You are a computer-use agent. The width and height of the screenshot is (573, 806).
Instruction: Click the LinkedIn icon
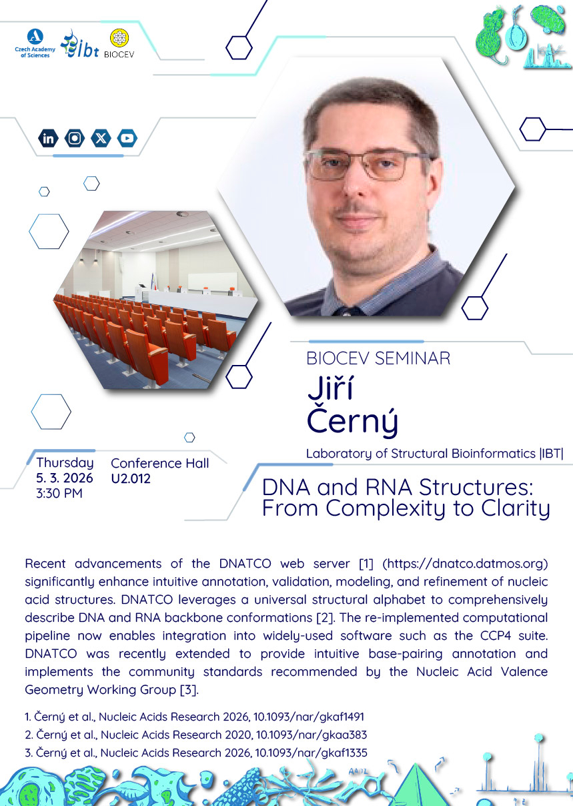(x=48, y=138)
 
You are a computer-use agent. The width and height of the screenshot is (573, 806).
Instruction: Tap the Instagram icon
(x=75, y=138)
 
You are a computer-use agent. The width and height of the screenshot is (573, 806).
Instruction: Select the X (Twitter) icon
(x=101, y=138)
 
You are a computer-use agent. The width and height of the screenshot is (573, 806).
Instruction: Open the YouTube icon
(x=127, y=138)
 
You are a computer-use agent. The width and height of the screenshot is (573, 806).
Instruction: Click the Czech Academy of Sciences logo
(x=35, y=43)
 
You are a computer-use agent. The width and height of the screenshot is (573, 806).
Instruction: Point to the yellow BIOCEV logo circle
(x=119, y=38)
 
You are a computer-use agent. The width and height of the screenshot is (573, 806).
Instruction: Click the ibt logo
(x=79, y=44)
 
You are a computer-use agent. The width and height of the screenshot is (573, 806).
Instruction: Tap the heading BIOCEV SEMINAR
(x=378, y=358)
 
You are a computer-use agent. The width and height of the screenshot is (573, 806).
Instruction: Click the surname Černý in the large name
(x=352, y=422)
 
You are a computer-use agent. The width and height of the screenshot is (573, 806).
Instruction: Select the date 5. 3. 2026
(x=65, y=478)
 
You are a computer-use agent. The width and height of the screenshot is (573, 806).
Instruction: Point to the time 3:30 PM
(x=59, y=493)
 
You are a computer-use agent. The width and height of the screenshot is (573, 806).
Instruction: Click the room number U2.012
(x=131, y=478)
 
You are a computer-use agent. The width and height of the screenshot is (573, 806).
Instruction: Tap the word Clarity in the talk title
(x=516, y=509)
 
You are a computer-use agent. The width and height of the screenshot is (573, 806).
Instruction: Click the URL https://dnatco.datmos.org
(x=465, y=564)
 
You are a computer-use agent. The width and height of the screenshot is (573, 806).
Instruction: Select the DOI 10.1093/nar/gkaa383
(x=312, y=735)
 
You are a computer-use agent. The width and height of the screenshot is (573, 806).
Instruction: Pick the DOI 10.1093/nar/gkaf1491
(x=309, y=717)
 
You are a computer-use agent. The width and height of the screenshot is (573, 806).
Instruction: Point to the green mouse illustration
(x=490, y=36)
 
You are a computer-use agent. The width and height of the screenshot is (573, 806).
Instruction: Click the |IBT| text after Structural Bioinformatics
(x=551, y=454)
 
